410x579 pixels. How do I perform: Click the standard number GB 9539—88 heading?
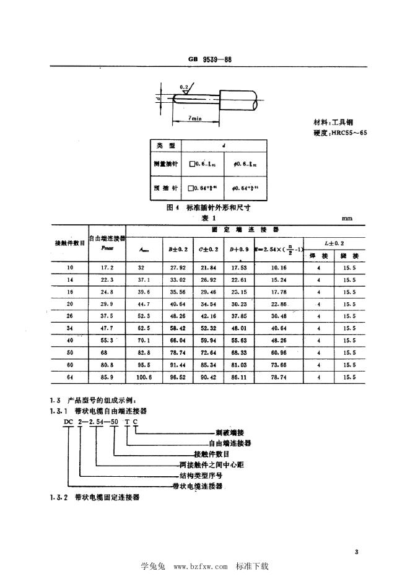[x=209, y=60]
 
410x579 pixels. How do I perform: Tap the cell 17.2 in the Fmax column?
[x=108, y=267]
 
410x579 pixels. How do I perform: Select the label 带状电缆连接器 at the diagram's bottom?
[x=198, y=487]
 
